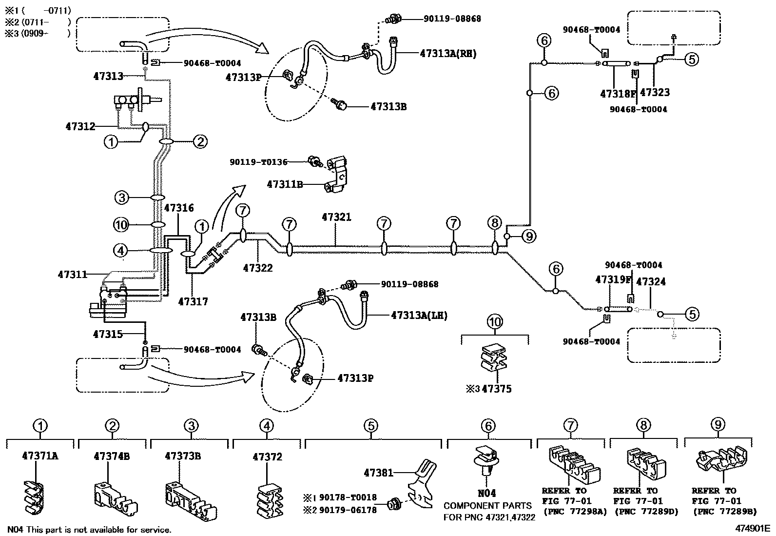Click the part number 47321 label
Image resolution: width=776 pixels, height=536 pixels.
pos(336,217)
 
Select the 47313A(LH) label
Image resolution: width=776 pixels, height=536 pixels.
pos(419,316)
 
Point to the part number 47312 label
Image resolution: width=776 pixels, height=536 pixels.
pos(80,127)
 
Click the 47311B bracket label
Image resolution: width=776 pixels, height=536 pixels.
pos(285,184)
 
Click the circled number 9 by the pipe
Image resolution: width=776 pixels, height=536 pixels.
pos(529,237)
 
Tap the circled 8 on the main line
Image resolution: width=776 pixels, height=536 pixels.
pos(494,223)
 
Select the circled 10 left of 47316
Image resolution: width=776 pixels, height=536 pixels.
pos(121,224)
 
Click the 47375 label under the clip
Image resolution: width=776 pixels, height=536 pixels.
pos(497,389)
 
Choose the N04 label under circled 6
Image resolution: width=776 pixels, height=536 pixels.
pos(487,494)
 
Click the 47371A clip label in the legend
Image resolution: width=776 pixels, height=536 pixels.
pos(40,456)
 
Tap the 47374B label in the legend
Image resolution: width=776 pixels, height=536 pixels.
pos(112,456)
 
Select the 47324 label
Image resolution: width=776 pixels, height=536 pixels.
pos(651,282)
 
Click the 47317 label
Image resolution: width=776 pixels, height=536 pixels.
pos(193,302)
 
